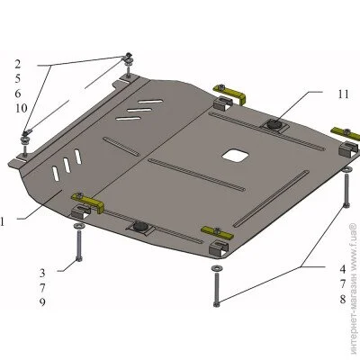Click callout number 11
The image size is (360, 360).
pyautogui.click(x=344, y=94)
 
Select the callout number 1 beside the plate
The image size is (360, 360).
pyautogui.click(x=2, y=221)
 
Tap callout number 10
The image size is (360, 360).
pyautogui.click(x=22, y=108)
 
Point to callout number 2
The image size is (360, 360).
pyautogui.click(x=18, y=64)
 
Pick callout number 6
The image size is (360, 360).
pyautogui.click(x=18, y=94)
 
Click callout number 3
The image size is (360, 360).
pyautogui.click(x=42, y=273)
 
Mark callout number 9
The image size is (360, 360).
pyautogui.click(x=42, y=302)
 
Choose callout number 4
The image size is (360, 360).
pyautogui.click(x=343, y=269)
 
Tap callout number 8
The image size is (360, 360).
pyautogui.click(x=343, y=299)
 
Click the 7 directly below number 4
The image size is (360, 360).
pyautogui.click(x=343, y=283)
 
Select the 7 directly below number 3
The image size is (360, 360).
pyautogui.click(x=42, y=287)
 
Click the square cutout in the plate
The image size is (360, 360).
pyautogui.click(x=235, y=155)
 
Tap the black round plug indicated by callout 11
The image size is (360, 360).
pyautogui.click(x=274, y=124)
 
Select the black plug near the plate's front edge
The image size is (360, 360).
pyautogui.click(x=139, y=226)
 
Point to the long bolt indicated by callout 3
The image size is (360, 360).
pyautogui.click(x=78, y=245)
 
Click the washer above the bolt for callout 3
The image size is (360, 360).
pyautogui.click(x=78, y=225)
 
